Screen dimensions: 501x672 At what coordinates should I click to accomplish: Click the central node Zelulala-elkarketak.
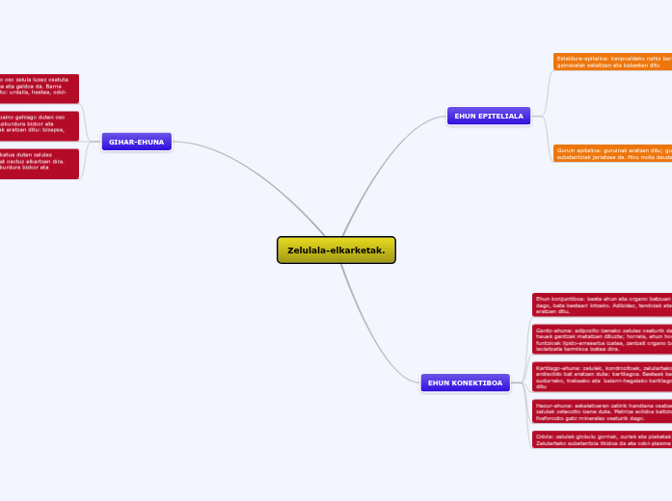tap(336, 250)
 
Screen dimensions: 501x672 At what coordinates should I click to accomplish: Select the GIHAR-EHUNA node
tap(136, 143)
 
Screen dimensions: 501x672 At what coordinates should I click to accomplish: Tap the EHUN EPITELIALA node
tap(489, 116)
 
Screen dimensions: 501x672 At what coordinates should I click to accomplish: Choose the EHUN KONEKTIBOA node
tap(465, 382)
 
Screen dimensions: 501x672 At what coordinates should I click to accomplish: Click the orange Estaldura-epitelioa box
tap(612, 62)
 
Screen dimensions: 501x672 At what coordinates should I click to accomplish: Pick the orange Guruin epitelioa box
tap(612, 153)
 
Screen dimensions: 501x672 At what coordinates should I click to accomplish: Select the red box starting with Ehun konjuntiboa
tap(602, 305)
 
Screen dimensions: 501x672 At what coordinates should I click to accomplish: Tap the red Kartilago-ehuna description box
tap(602, 376)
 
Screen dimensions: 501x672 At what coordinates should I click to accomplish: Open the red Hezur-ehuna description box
tap(602, 411)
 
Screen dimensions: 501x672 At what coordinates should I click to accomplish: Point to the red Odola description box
tap(602, 438)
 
